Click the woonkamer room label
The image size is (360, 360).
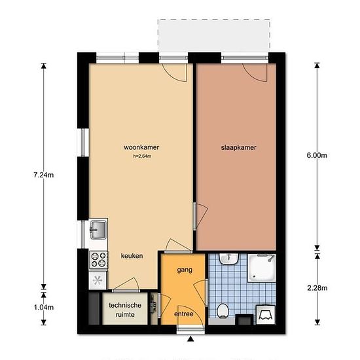[x=141, y=147]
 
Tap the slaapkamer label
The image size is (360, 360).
[x=238, y=147]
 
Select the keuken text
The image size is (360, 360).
[x=132, y=256]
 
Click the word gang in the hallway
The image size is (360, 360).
[x=185, y=270]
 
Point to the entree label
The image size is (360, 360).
[x=184, y=314]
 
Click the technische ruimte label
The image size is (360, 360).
[x=125, y=310]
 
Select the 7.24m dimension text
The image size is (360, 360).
[x=44, y=175]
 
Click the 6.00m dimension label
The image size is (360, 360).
[x=317, y=155]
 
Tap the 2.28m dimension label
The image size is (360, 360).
[x=317, y=288]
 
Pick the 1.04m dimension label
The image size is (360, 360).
[x=44, y=307]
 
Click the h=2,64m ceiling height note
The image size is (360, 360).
[x=142, y=156]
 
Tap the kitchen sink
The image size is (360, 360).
[x=98, y=230]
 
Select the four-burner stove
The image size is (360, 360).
[x=98, y=260]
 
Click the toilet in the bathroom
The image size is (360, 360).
[x=223, y=311]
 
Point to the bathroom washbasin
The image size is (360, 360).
[x=228, y=259]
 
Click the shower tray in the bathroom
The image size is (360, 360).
[x=262, y=268]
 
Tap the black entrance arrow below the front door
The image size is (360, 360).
[x=190, y=339]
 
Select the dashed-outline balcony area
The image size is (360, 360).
[x=214, y=35]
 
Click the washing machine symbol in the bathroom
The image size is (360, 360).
[x=266, y=315]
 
